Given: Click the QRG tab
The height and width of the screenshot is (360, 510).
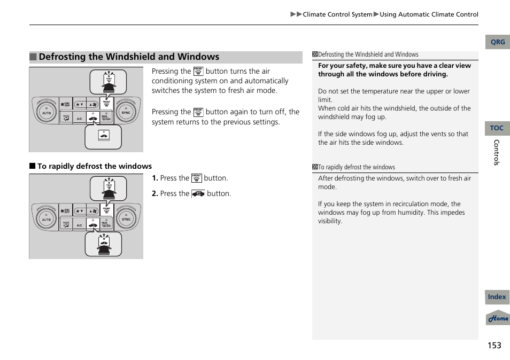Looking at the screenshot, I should click(x=497, y=42).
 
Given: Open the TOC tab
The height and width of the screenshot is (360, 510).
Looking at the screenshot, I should click(x=497, y=128).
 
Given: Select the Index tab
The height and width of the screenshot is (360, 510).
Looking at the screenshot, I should click(x=497, y=297).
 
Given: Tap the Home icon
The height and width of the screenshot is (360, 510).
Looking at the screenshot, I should click(x=498, y=318).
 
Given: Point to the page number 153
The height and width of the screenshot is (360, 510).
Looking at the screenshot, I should click(x=494, y=345).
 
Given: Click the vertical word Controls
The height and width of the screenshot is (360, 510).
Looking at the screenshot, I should click(x=496, y=152).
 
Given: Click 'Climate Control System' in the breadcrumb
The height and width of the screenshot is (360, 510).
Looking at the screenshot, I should click(x=337, y=14).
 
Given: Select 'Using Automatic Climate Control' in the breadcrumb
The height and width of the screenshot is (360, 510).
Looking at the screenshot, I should click(x=429, y=14).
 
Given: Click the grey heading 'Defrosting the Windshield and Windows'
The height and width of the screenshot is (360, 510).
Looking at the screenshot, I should click(x=129, y=57).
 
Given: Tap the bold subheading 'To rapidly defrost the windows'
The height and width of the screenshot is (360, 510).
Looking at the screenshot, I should click(x=94, y=166).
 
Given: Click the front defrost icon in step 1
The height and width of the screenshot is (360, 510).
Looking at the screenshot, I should click(x=197, y=178).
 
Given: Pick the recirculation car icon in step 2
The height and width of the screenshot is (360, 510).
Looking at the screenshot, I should click(x=198, y=194).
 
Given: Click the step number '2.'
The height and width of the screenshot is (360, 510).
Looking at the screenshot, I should click(x=154, y=194).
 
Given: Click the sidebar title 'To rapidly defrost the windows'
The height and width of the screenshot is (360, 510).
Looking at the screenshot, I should click(x=357, y=167).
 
